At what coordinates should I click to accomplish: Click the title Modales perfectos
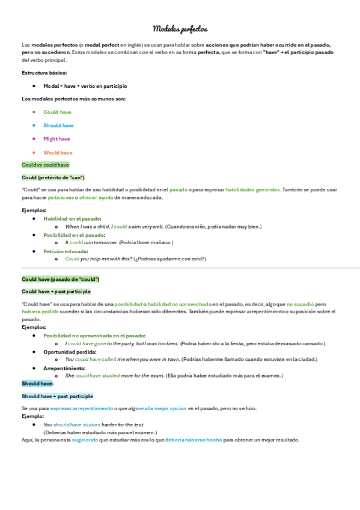point(180,29)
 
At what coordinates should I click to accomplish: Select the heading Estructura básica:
point(44,73)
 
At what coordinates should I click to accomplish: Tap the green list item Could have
point(57,112)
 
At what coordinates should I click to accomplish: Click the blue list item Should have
point(58,126)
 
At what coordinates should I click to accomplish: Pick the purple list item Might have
point(56,139)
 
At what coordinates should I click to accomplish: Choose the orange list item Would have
point(58,153)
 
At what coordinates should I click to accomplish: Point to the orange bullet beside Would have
point(35,152)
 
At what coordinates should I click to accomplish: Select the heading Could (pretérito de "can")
point(53,177)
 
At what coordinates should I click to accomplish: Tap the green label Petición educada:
point(66,251)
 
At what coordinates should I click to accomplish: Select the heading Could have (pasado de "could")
point(60,280)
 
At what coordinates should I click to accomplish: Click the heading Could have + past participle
point(56,291)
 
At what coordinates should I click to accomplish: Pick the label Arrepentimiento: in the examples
point(64,368)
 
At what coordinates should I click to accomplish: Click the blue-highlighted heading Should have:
point(38,383)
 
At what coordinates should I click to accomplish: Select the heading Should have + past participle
point(57,396)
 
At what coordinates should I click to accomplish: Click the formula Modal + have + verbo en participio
point(85,86)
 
